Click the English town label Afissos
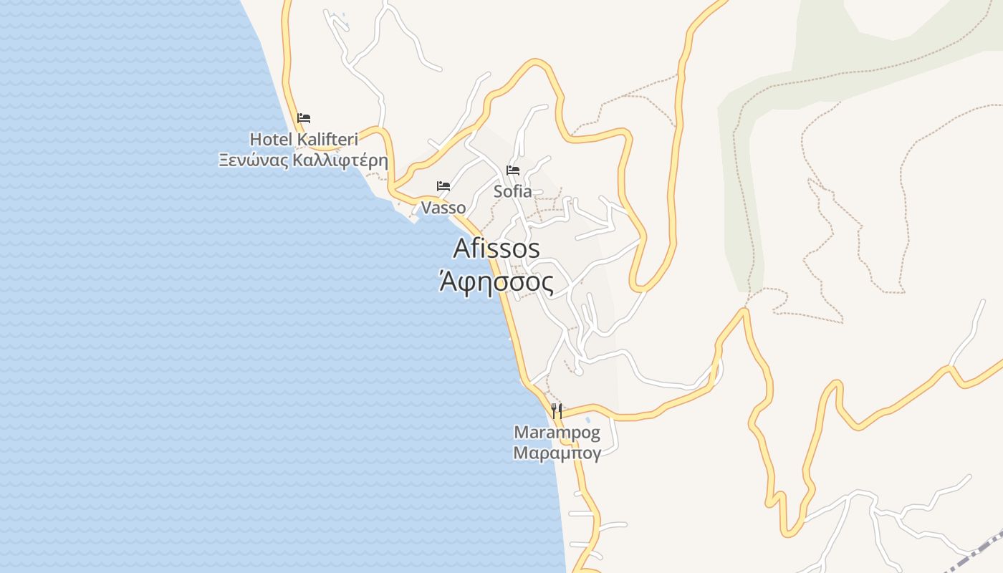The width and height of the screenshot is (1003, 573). point(496,248)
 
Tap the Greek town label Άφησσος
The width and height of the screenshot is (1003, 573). point(496,283)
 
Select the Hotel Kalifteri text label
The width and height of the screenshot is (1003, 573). point(303,139)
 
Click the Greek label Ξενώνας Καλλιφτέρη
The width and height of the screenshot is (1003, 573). point(303,160)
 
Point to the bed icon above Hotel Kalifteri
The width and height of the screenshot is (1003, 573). point(304,118)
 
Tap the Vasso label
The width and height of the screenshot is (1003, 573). point(443,208)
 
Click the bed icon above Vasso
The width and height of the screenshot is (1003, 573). point(443,186)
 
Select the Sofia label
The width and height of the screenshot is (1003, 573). point(513,191)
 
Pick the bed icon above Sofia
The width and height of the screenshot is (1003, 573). point(513,170)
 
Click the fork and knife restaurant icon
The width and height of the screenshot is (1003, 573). point(557,410)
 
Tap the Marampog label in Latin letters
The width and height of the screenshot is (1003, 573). point(557,433)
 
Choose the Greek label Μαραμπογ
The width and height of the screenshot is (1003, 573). point(557,453)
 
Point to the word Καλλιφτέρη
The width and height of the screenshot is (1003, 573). point(341,160)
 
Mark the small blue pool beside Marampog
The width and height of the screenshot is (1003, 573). point(588,420)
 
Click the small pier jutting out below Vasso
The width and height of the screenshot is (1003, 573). point(413,218)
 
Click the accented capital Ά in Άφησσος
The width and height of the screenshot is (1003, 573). point(446,281)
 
